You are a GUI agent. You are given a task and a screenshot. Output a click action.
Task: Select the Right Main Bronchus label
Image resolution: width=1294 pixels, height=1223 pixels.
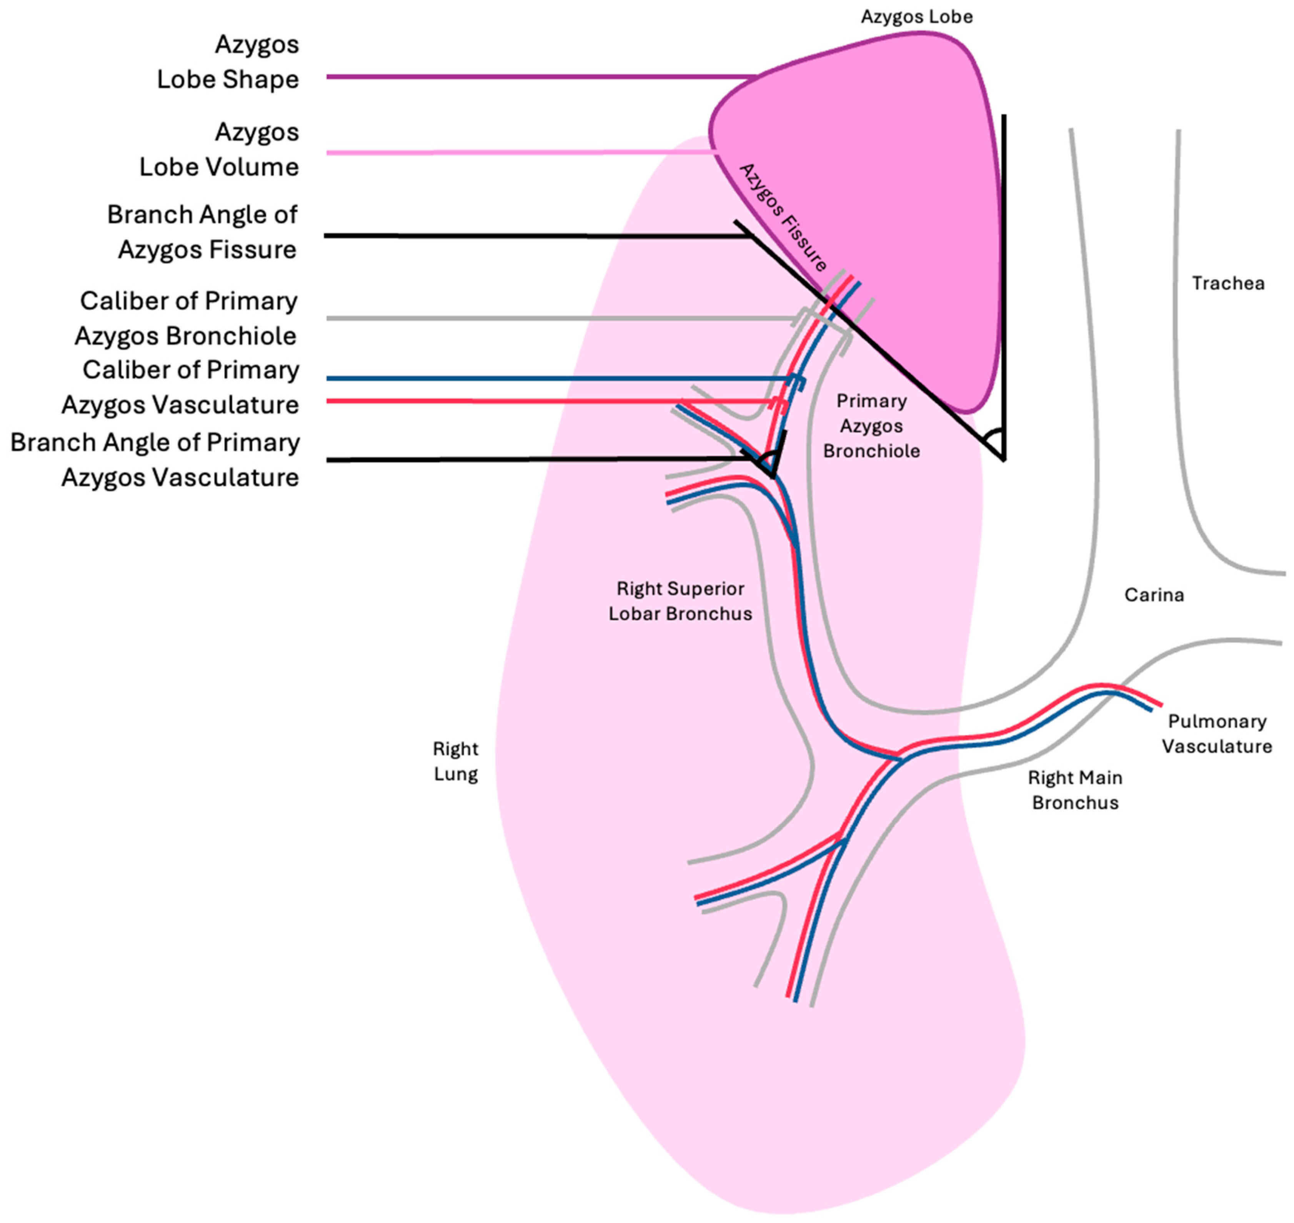(x=1075, y=790)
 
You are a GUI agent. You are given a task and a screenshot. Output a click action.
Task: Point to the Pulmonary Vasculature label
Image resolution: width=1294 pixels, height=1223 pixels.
(x=1216, y=734)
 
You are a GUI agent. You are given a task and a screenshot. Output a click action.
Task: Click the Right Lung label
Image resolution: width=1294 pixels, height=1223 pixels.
(x=455, y=761)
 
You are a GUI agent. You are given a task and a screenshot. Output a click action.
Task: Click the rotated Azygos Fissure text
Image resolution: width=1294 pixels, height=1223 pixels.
(x=783, y=217)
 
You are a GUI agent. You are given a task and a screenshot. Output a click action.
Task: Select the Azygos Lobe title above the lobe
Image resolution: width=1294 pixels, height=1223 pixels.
(x=916, y=17)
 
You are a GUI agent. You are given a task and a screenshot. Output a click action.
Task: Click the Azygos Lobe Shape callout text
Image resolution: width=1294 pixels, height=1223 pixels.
(x=228, y=62)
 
